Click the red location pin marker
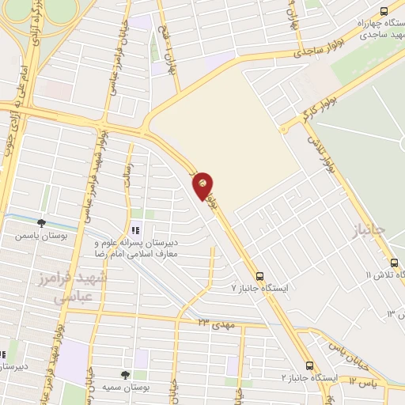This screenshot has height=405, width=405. point(203,184)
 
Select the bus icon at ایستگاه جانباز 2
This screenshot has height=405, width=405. point(309,366)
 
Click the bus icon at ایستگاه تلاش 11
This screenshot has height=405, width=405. point(393,263)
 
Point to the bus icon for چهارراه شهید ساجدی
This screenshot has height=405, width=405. point(384,11)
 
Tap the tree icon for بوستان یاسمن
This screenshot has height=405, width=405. point(41,224)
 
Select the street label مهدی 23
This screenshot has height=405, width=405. point(215,323)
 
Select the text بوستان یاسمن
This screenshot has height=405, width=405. point(41,236)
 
